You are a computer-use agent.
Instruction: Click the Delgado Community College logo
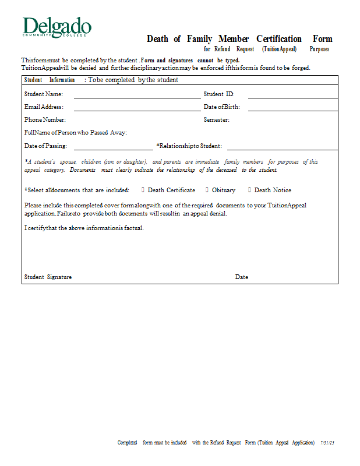(x=57, y=27)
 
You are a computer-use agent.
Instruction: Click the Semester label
(x=216, y=120)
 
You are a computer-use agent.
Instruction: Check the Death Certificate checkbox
(x=143, y=190)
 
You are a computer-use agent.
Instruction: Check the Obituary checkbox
(x=207, y=190)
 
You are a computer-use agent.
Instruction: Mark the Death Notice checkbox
(x=249, y=190)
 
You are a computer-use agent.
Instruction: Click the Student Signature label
(x=48, y=277)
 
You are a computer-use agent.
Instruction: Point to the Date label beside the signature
(x=242, y=277)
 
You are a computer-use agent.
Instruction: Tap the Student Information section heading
(x=50, y=80)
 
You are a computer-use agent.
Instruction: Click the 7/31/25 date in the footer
(x=328, y=443)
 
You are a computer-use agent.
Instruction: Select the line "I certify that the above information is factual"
(x=84, y=228)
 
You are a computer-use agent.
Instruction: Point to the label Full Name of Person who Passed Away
(x=76, y=133)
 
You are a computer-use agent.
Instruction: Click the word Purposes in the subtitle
(x=319, y=50)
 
